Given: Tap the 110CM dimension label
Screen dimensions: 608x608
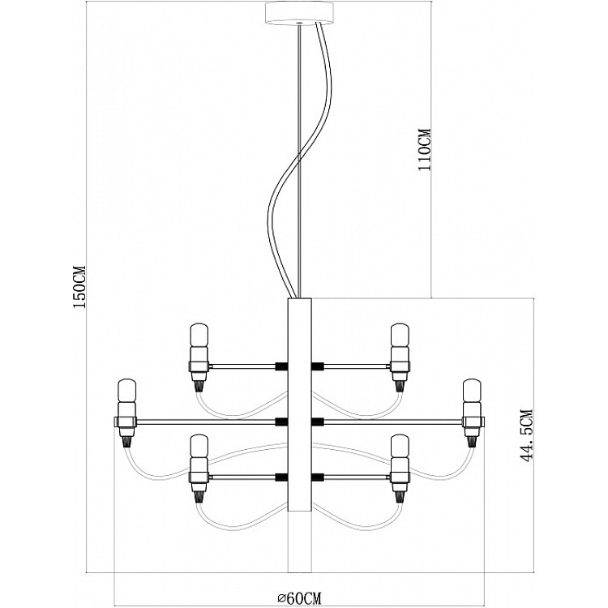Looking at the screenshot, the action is click(424, 149).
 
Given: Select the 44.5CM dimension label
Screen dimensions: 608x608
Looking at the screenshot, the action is click(526, 436).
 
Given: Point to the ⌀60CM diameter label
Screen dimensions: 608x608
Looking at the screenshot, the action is click(299, 598).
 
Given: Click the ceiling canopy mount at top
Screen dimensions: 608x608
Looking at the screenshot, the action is click(299, 14).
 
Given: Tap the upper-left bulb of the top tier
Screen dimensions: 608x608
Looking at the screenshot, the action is click(199, 336).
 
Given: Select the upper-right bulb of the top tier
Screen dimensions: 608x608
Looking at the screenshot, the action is click(400, 336).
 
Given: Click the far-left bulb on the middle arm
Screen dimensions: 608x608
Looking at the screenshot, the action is click(126, 392).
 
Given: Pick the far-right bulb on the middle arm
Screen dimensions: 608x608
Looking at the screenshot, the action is click(472, 392).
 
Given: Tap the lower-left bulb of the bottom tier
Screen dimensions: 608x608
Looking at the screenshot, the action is click(199, 447).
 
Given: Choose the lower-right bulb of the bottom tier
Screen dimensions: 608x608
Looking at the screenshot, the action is click(400, 447).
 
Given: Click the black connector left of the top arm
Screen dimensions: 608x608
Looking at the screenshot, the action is click(281, 366).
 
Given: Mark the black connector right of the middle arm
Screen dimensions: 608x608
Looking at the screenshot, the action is click(318, 422).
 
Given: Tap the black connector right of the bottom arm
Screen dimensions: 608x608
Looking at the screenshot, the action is click(318, 477).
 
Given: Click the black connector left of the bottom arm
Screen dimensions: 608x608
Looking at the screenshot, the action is click(281, 477).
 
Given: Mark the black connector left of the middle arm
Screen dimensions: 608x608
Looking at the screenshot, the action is click(281, 422).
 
